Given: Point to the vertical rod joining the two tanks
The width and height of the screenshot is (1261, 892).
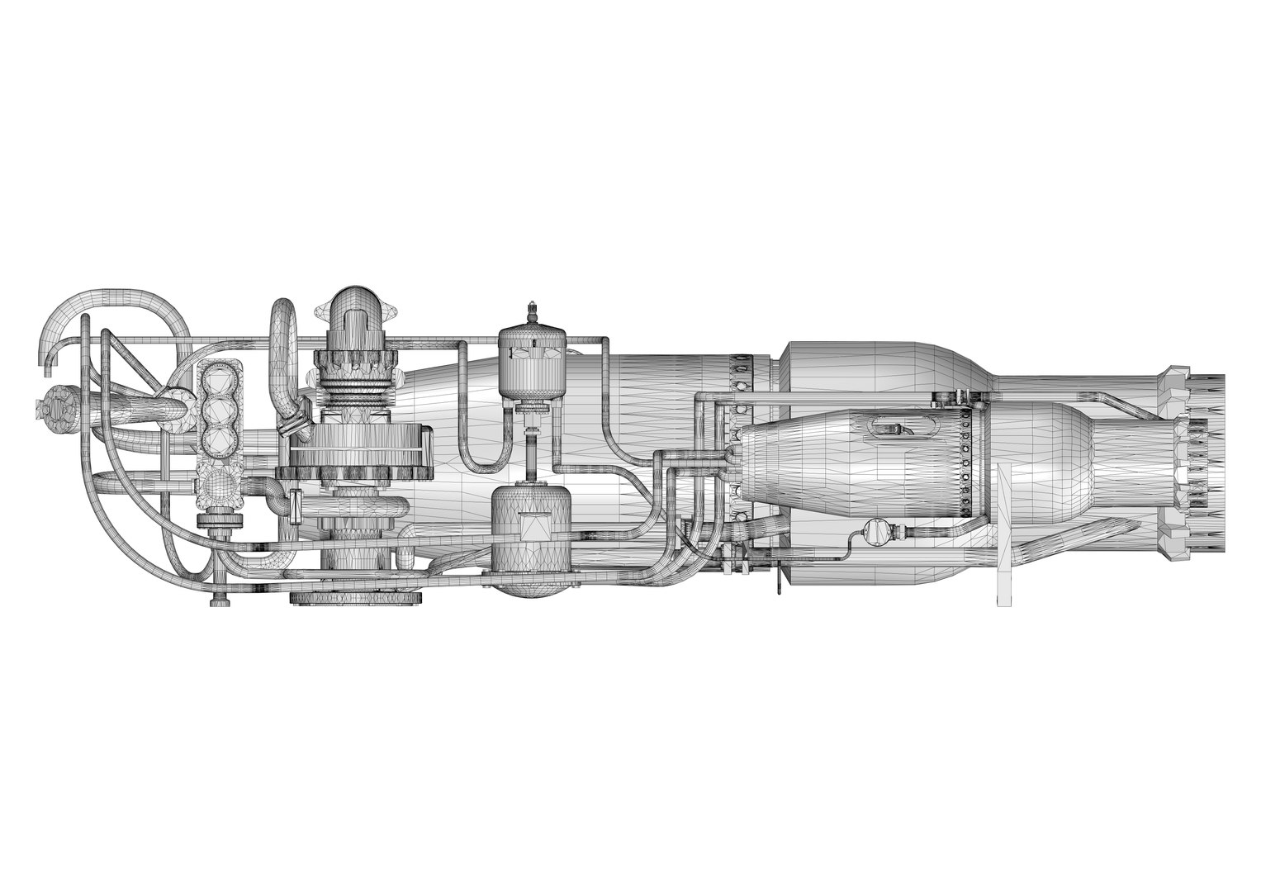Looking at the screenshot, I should pos(532,450).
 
